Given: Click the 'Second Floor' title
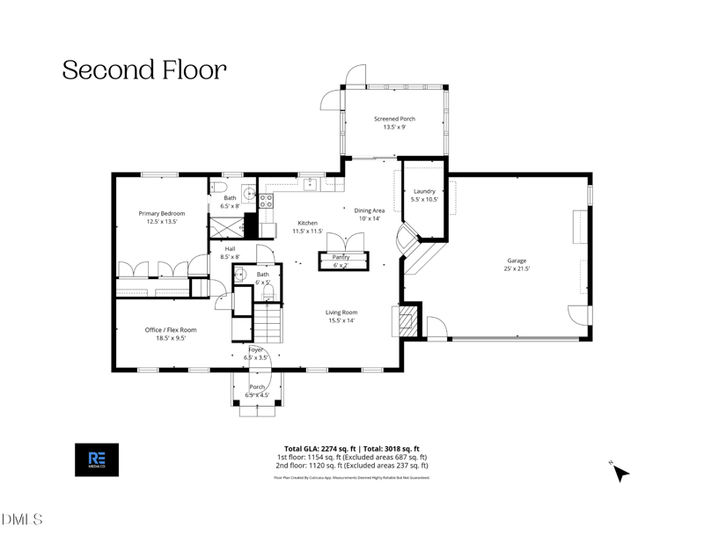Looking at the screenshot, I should (144, 70).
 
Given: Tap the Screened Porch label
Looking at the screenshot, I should (394, 119).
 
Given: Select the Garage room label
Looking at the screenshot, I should (517, 261).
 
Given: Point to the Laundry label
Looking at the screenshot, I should (424, 191).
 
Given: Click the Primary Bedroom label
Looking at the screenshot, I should (161, 213).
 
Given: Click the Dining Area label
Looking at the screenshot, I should (370, 210).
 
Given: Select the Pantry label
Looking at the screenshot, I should (341, 257).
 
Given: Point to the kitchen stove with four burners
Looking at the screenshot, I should (265, 201).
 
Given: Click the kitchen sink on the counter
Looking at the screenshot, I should (310, 183).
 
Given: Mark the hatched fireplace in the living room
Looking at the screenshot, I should (406, 320).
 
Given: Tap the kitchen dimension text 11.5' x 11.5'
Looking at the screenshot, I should (307, 232).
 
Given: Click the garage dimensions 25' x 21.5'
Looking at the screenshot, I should (517, 268).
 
